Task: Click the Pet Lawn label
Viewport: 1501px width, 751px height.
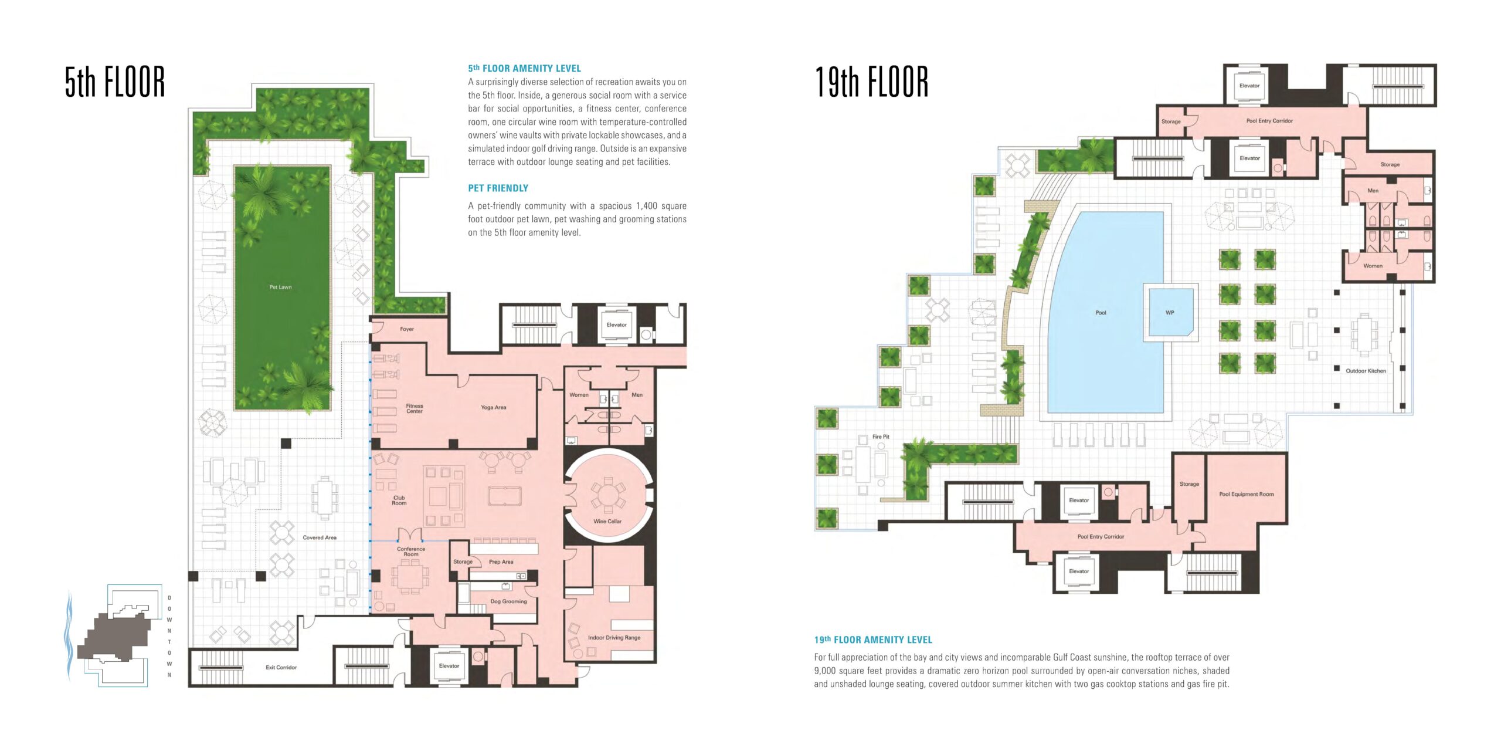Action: click(x=280, y=287)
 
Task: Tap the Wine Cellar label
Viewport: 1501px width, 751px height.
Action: click(x=607, y=521)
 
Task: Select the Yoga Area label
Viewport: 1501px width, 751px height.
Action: click(x=493, y=407)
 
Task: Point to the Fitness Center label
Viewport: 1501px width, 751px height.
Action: click(x=415, y=408)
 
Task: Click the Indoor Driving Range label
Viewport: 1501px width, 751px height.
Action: click(x=614, y=637)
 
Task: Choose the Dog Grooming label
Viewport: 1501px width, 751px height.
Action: click(x=508, y=601)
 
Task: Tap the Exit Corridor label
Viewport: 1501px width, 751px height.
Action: click(x=281, y=667)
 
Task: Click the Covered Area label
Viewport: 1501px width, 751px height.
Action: click(x=320, y=537)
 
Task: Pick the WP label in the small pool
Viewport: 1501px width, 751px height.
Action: click(x=1170, y=313)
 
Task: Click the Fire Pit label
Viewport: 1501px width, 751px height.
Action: click(x=881, y=437)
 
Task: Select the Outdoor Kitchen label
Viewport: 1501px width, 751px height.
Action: click(x=1366, y=371)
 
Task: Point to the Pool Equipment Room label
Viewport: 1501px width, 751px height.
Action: click(x=1247, y=494)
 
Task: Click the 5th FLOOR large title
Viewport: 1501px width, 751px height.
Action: click(x=115, y=82)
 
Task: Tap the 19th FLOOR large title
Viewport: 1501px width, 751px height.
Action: click(x=872, y=82)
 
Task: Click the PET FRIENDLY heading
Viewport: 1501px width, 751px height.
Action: click(x=498, y=188)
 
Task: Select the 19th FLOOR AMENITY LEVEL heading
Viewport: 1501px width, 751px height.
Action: click(x=873, y=640)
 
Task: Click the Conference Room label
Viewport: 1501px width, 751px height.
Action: click(x=411, y=552)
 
